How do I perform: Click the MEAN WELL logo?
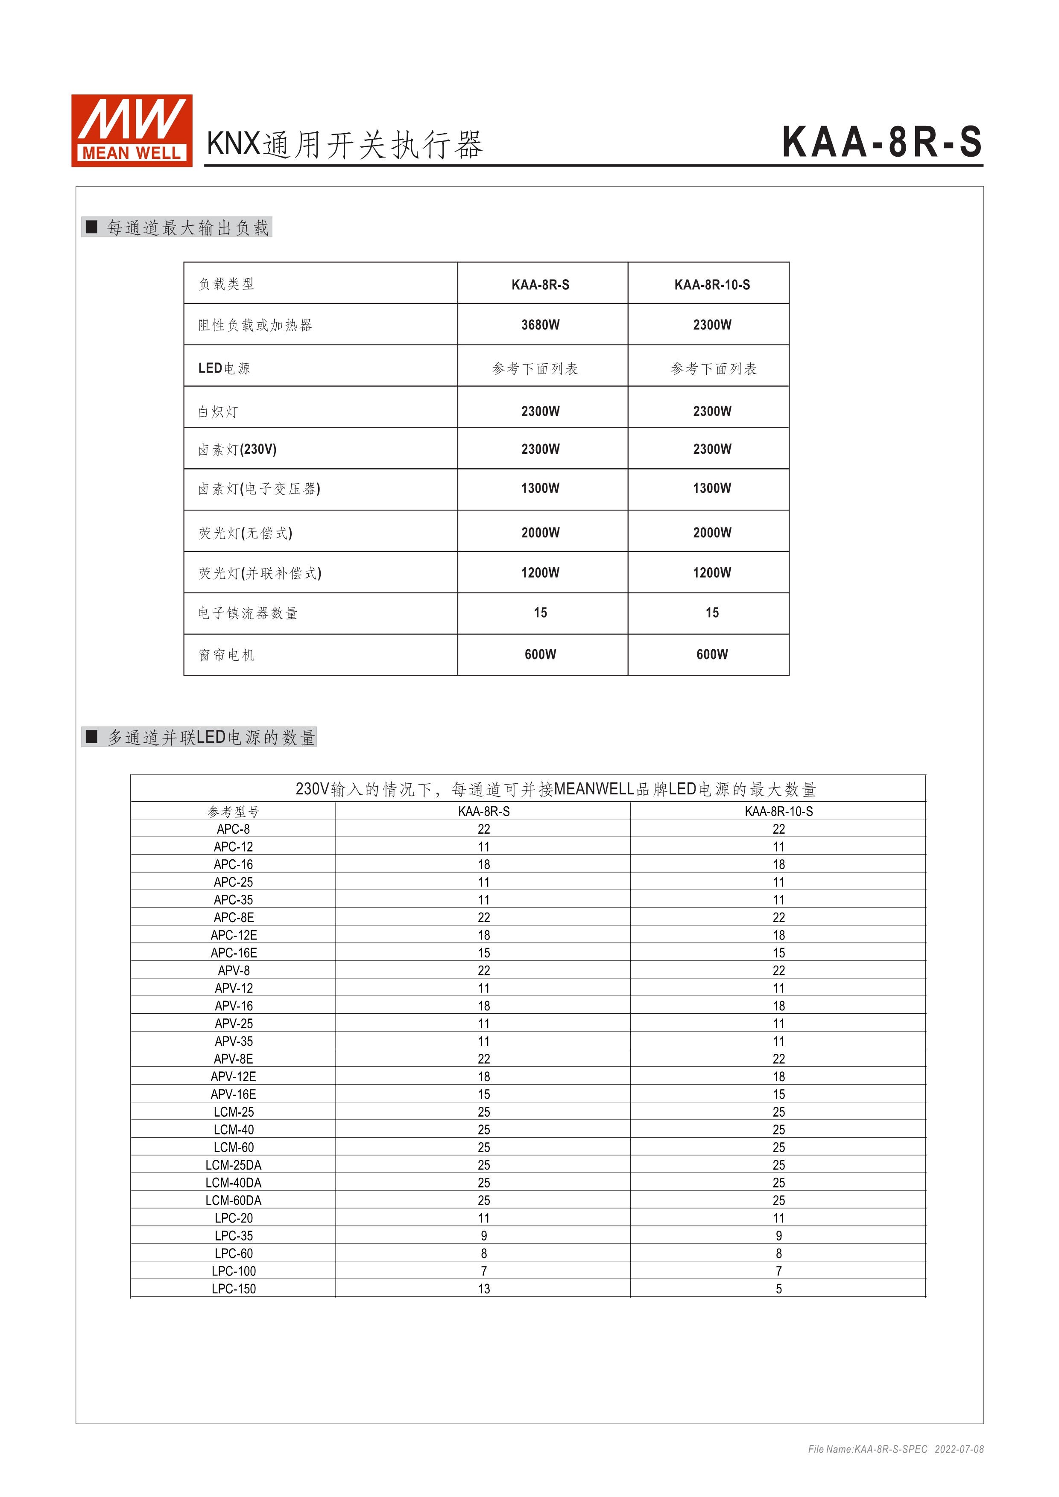[x=132, y=130]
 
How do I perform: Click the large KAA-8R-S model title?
[x=882, y=142]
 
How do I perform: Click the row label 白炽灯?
[x=219, y=411]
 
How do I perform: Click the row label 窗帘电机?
[x=226, y=655]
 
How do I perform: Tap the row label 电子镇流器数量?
[x=248, y=613]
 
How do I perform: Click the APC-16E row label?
[x=234, y=953]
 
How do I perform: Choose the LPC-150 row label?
[x=234, y=1289]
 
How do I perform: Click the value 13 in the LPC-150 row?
[x=483, y=1289]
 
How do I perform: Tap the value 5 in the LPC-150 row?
[x=778, y=1289]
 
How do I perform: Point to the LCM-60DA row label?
[x=234, y=1200]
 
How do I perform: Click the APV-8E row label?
[x=234, y=1059]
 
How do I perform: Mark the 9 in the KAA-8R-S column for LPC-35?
[x=483, y=1235]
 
